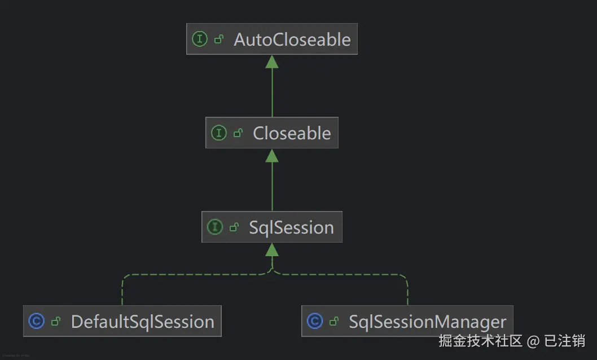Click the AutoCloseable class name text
292,39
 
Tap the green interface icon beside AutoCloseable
200,39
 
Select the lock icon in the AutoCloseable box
219,39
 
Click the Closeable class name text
292,133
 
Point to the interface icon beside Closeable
218,133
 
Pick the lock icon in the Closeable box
238,133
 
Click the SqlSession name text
291,227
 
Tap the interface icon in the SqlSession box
215,227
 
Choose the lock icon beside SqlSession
234,227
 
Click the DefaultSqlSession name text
142,322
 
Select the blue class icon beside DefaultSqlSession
36,322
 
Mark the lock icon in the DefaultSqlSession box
55,322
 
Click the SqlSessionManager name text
427,322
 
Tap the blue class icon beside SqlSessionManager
314,322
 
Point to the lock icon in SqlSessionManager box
334,322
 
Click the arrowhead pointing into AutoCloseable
272,62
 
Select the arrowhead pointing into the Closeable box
272,155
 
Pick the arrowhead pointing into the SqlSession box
272,249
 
